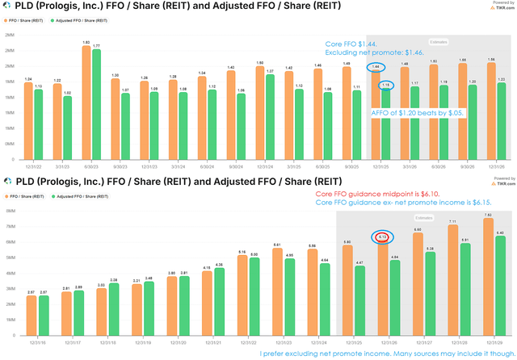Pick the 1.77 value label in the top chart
[x=97, y=46]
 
